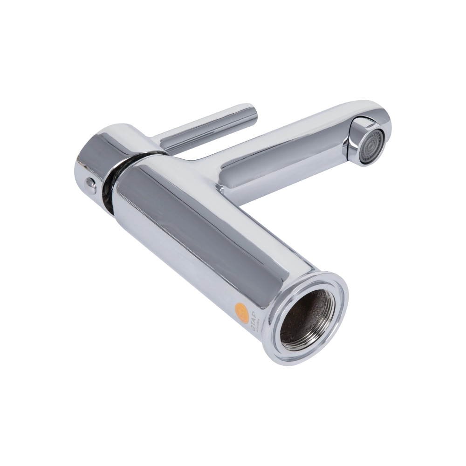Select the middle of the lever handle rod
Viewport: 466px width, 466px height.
(205, 128)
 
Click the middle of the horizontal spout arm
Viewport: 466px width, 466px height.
(289, 149)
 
